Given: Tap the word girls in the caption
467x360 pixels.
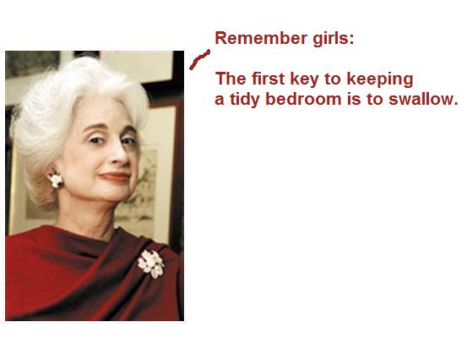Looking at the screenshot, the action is pos(330,39).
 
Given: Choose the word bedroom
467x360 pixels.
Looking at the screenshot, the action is pos(303,99).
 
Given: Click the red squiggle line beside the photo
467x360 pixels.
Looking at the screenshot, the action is pos(199,60).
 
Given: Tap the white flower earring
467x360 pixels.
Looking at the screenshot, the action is pos(56,179).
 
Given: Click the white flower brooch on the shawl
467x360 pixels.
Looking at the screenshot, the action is pos(151,264).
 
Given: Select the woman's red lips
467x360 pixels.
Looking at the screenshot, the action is pos(114,177).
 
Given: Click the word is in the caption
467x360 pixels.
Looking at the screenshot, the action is pos(354,99).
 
